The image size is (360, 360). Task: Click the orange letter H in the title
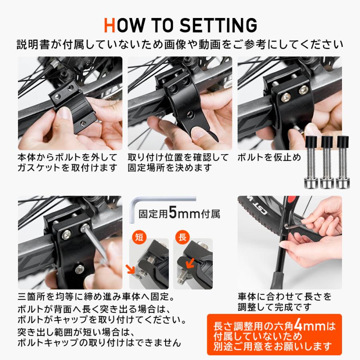click(110, 25)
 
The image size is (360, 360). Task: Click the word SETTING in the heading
click(218, 25)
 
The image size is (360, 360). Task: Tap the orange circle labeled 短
click(139, 237)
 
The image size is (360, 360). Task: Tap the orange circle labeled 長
click(182, 237)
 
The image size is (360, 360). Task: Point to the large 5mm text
click(184, 213)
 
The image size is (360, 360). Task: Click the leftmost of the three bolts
click(311, 162)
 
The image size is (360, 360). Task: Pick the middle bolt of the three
click(327, 162)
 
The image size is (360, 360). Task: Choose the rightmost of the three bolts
click(343, 162)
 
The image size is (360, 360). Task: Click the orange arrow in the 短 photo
click(130, 269)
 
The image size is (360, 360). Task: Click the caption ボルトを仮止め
click(269, 157)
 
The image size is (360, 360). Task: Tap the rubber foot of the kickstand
click(278, 280)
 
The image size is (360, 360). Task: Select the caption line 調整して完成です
click(274, 307)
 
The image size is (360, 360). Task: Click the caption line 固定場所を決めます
click(170, 168)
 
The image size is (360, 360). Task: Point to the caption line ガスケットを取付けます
click(68, 168)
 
